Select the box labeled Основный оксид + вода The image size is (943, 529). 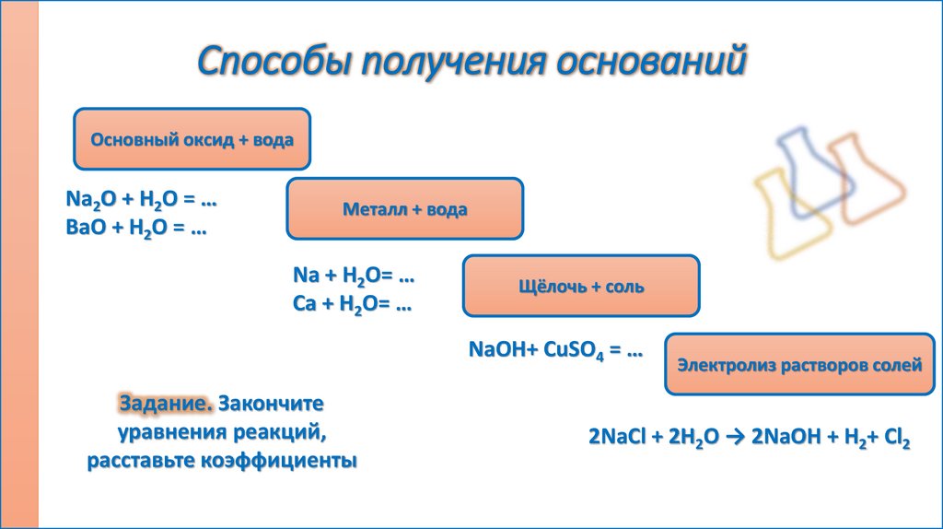coord(192,140)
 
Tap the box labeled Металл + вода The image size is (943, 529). coord(405,210)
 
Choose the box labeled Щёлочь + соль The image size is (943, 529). coord(580,287)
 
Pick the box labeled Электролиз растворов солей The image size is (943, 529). coord(799,365)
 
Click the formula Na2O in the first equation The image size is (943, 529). coord(87,199)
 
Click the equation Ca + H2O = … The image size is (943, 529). coord(353,304)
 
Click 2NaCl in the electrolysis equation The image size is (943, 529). coord(618,438)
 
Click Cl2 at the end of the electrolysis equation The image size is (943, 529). coord(897,439)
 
